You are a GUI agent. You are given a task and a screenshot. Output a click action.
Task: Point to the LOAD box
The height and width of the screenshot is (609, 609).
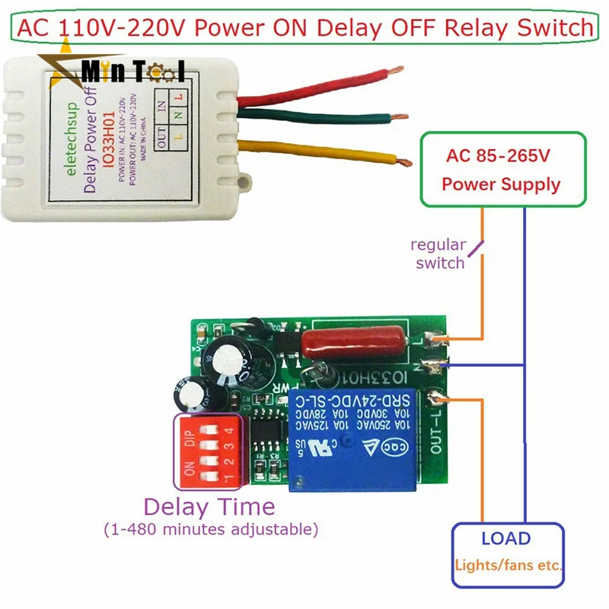507,553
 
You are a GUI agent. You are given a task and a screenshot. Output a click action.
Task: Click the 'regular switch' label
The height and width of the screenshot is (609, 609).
438,254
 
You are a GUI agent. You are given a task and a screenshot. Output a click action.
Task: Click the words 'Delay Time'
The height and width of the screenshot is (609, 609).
209,506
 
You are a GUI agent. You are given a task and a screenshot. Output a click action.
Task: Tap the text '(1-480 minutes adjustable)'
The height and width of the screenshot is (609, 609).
210,528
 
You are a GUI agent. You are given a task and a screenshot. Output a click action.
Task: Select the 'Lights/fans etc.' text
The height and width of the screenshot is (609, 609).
509,566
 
